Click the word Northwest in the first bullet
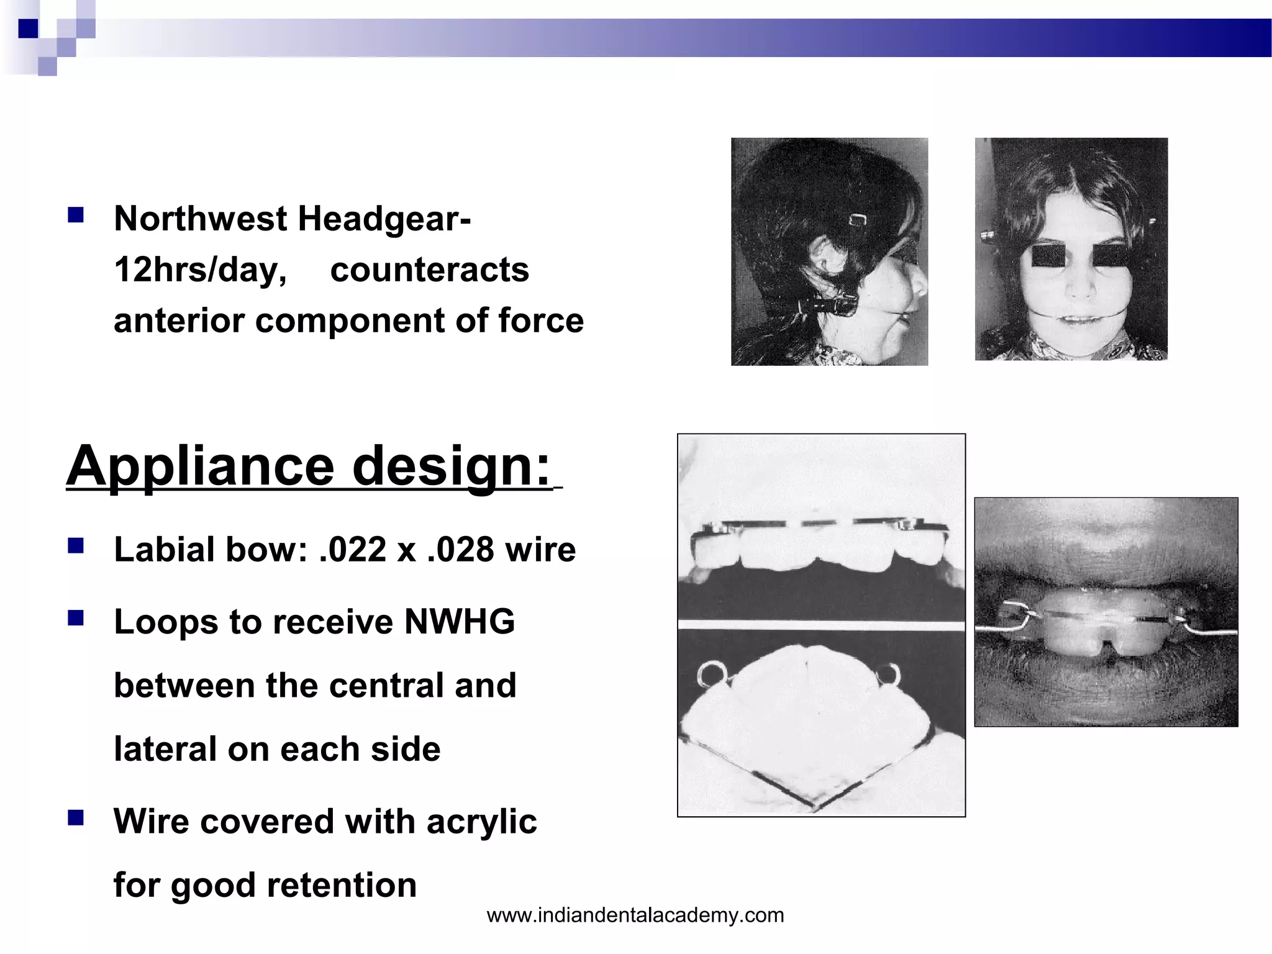coord(201,219)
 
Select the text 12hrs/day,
coord(201,270)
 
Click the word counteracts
coord(429,270)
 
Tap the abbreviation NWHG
coord(459,622)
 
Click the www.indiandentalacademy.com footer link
coord(635,915)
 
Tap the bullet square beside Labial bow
coord(76,546)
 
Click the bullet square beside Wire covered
coord(76,818)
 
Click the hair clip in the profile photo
coord(858,220)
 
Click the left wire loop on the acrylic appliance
coord(708,675)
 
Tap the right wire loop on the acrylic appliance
coord(889,675)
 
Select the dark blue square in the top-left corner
coord(28,29)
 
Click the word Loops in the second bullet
coord(166,622)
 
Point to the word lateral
coord(163,750)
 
